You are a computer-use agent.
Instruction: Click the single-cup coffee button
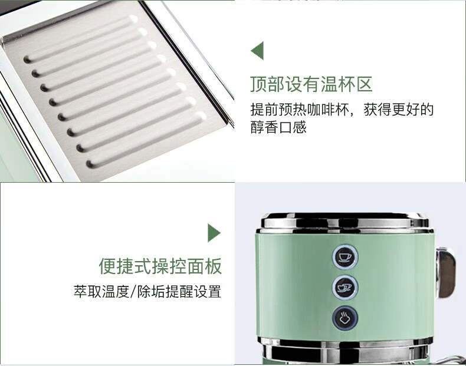(x=345, y=257)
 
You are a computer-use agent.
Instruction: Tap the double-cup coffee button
(x=344, y=288)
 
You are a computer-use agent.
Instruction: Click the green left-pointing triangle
(x=257, y=51)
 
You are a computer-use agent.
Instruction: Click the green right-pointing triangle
(x=214, y=233)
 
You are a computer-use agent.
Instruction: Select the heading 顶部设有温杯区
(x=311, y=84)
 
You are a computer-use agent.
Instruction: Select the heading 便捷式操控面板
(x=160, y=266)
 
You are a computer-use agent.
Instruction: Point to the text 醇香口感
(x=278, y=127)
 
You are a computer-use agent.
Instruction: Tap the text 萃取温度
(x=101, y=292)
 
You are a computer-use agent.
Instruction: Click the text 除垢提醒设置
(x=179, y=292)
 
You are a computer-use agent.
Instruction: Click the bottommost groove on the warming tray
(x=146, y=140)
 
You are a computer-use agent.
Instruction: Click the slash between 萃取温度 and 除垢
(x=133, y=292)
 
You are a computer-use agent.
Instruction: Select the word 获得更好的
(x=399, y=110)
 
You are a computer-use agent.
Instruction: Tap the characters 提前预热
(x=278, y=110)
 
